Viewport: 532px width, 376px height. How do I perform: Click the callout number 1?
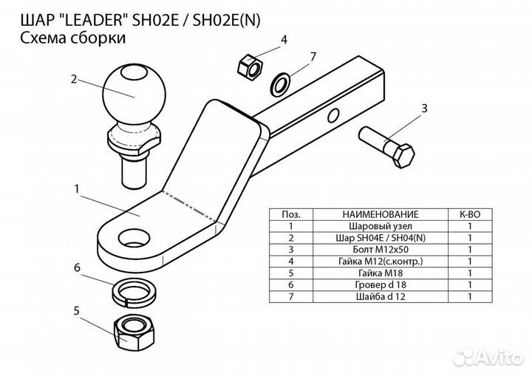(x=77, y=190)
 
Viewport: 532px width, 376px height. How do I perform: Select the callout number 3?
(x=424, y=109)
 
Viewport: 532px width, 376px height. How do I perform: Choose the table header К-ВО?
(x=470, y=213)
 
